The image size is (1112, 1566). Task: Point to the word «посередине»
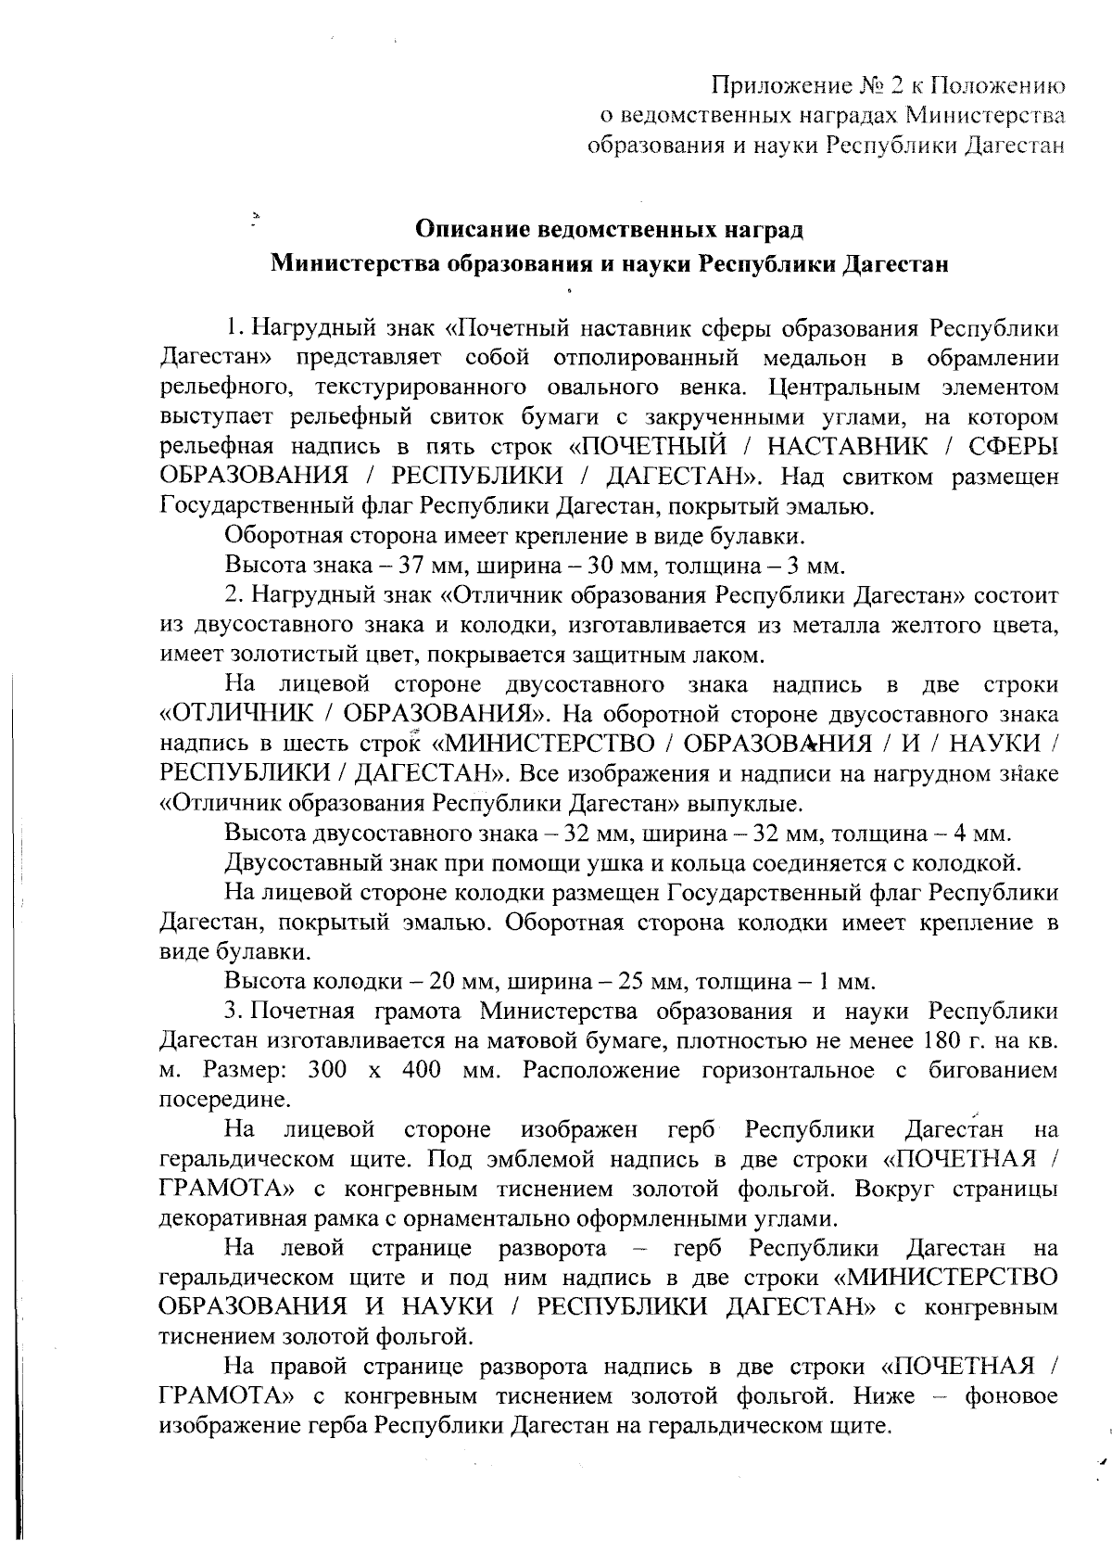click(226, 1100)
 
